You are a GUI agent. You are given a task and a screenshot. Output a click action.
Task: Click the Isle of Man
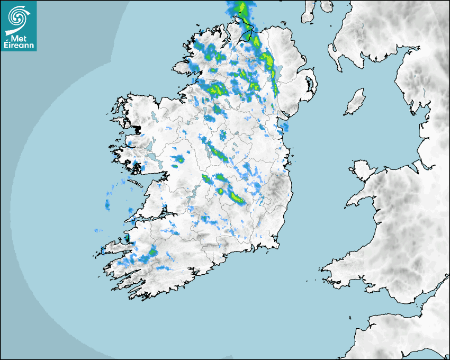(x=355, y=102)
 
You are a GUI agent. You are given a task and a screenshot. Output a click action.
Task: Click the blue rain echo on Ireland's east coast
(x=285, y=127)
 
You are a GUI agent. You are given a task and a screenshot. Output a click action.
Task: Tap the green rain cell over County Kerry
(x=152, y=252)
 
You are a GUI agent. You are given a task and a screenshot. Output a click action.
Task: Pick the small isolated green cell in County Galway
(x=180, y=159)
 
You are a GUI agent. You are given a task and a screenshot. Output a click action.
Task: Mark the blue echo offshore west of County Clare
(x=107, y=205)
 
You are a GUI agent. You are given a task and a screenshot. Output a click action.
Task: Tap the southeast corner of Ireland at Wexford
(x=275, y=244)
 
